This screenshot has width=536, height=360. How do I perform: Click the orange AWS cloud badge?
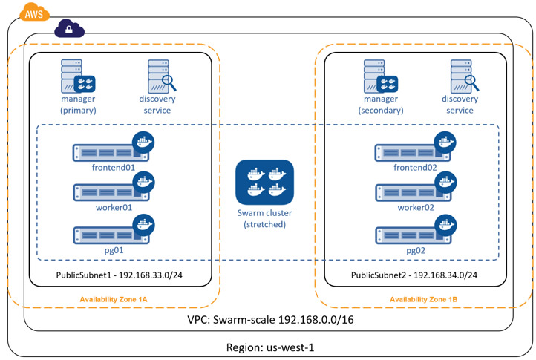33,12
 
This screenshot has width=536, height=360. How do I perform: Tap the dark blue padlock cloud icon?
69,30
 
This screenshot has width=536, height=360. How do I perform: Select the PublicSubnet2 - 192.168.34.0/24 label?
414,275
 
